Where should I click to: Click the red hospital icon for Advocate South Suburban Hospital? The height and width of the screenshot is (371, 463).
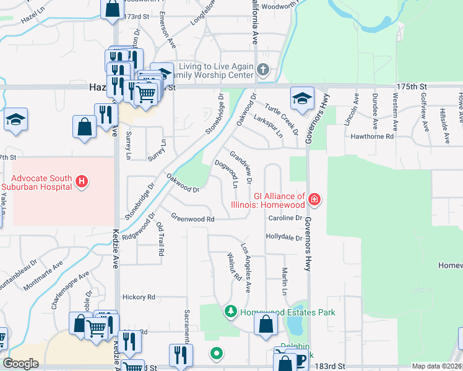[81, 181]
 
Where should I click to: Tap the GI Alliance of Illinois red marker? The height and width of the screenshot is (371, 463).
[315, 198]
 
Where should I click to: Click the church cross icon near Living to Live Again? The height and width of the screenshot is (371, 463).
[264, 69]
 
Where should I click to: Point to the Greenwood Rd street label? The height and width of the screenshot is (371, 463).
[193, 219]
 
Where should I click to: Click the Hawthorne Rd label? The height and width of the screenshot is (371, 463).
[373, 136]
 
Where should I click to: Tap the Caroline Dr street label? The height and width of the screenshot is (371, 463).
[285, 218]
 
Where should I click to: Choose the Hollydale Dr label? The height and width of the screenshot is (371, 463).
[283, 237]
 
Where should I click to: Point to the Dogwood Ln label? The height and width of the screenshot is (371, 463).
[226, 175]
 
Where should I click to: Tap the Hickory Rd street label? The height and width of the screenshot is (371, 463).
[137, 297]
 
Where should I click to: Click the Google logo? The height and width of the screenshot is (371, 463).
[21, 363]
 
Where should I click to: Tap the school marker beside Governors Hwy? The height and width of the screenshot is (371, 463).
[303, 99]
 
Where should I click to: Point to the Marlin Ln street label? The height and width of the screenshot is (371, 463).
[285, 282]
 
